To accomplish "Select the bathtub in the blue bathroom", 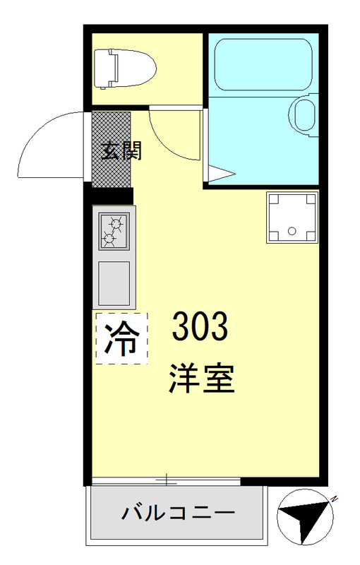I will pyautogui.click(x=263, y=64).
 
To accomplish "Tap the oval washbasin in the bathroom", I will pyautogui.click(x=305, y=115).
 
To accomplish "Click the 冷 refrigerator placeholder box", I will pyautogui.click(x=121, y=338).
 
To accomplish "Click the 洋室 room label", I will pyautogui.click(x=201, y=379).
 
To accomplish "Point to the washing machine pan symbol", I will pyautogui.click(x=292, y=216).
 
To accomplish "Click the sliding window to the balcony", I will pyautogui.click(x=166, y=481).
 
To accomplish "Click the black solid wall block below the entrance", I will pyautogui.click(x=109, y=195).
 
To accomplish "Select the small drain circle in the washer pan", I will pyautogui.click(x=292, y=230).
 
